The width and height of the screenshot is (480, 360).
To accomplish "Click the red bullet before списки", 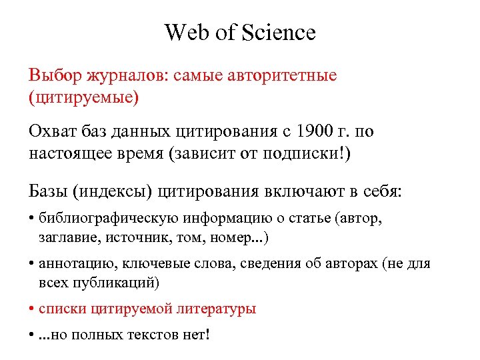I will point(32,309).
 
